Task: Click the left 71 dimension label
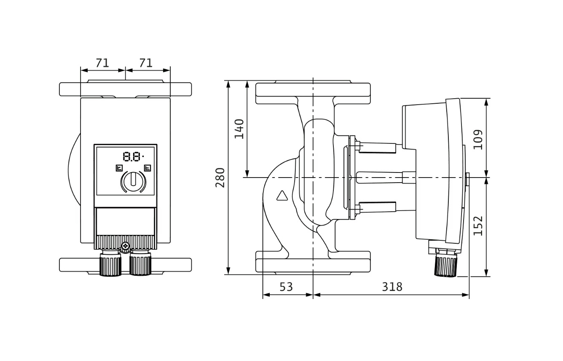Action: [102, 63]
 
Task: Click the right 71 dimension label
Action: [145, 63]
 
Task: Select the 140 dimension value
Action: [239, 129]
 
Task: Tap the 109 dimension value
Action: [478, 139]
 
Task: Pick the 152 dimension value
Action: [478, 226]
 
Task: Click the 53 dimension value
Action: [286, 287]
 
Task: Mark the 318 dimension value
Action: [392, 287]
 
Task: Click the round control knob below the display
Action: [133, 182]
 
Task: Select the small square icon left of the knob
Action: [119, 168]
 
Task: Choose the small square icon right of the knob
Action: [147, 168]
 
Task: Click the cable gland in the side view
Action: [445, 264]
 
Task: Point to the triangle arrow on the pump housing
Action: [281, 195]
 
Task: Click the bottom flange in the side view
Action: [313, 262]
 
